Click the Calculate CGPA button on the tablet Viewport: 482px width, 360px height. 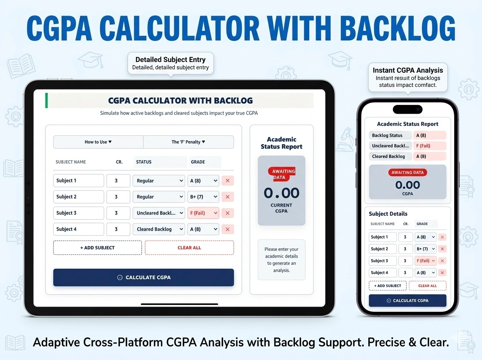click(143, 277)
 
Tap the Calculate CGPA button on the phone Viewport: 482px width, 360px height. click(407, 301)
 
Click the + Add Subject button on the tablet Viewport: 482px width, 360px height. click(97, 247)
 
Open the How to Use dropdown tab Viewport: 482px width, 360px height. click(98, 142)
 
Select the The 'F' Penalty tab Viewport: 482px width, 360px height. click(188, 142)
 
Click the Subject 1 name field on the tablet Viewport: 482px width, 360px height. click(78, 181)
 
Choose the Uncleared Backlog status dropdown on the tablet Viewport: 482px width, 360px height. click(159, 213)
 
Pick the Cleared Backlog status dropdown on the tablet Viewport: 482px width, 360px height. click(159, 229)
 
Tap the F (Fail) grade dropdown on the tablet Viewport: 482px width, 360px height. click(203, 213)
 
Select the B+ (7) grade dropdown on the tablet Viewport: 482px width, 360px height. click(203, 197)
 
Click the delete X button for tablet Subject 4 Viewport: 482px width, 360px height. click(228, 229)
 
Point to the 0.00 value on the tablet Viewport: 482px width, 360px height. click(281, 193)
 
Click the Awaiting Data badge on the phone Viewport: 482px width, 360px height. click(407, 172)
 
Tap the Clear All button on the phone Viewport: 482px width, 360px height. click(427, 286)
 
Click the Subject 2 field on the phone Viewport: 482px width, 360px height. click(382, 249)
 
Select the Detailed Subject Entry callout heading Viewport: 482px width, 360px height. click(170, 60)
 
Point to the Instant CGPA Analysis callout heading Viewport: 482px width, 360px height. click(408, 70)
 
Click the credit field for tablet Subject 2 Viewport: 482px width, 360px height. click(118, 197)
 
